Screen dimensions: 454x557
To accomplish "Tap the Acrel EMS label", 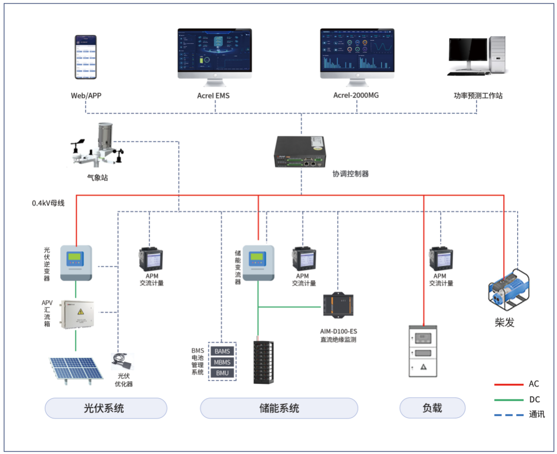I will (x=214, y=95).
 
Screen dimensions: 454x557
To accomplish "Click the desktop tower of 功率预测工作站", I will (x=498, y=55).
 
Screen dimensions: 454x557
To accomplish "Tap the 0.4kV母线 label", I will (x=48, y=203).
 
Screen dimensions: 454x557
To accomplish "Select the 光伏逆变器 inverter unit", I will (x=76, y=263).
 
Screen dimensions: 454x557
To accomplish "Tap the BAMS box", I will (x=222, y=351).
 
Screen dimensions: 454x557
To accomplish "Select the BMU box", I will (x=222, y=373).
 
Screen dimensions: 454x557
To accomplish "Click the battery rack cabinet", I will (x=264, y=363).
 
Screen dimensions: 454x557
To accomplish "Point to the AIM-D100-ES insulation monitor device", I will (x=338, y=304).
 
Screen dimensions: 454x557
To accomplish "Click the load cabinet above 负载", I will (x=423, y=351).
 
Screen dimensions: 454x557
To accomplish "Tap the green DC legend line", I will (x=509, y=399).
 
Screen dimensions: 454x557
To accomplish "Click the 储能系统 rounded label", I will (x=279, y=408).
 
